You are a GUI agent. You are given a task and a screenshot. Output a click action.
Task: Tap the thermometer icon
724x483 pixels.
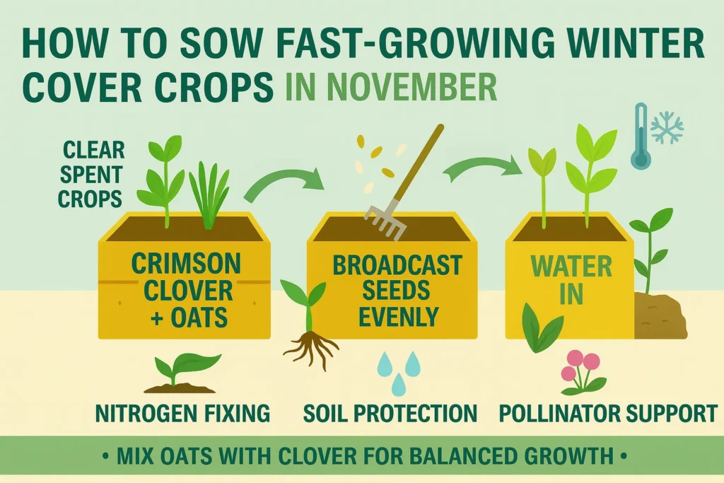tap(641, 136)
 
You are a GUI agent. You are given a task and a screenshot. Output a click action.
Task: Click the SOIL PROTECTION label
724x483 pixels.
tap(390, 412)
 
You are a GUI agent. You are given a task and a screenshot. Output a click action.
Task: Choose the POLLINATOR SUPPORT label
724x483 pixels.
tap(608, 412)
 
